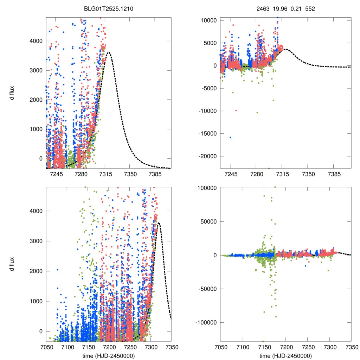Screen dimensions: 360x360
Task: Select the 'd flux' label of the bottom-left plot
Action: pos(12,264)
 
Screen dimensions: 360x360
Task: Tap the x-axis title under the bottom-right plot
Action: pos(285,356)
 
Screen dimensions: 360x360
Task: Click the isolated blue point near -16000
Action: pos(230,137)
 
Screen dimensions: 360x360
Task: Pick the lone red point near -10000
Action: pos(236,110)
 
